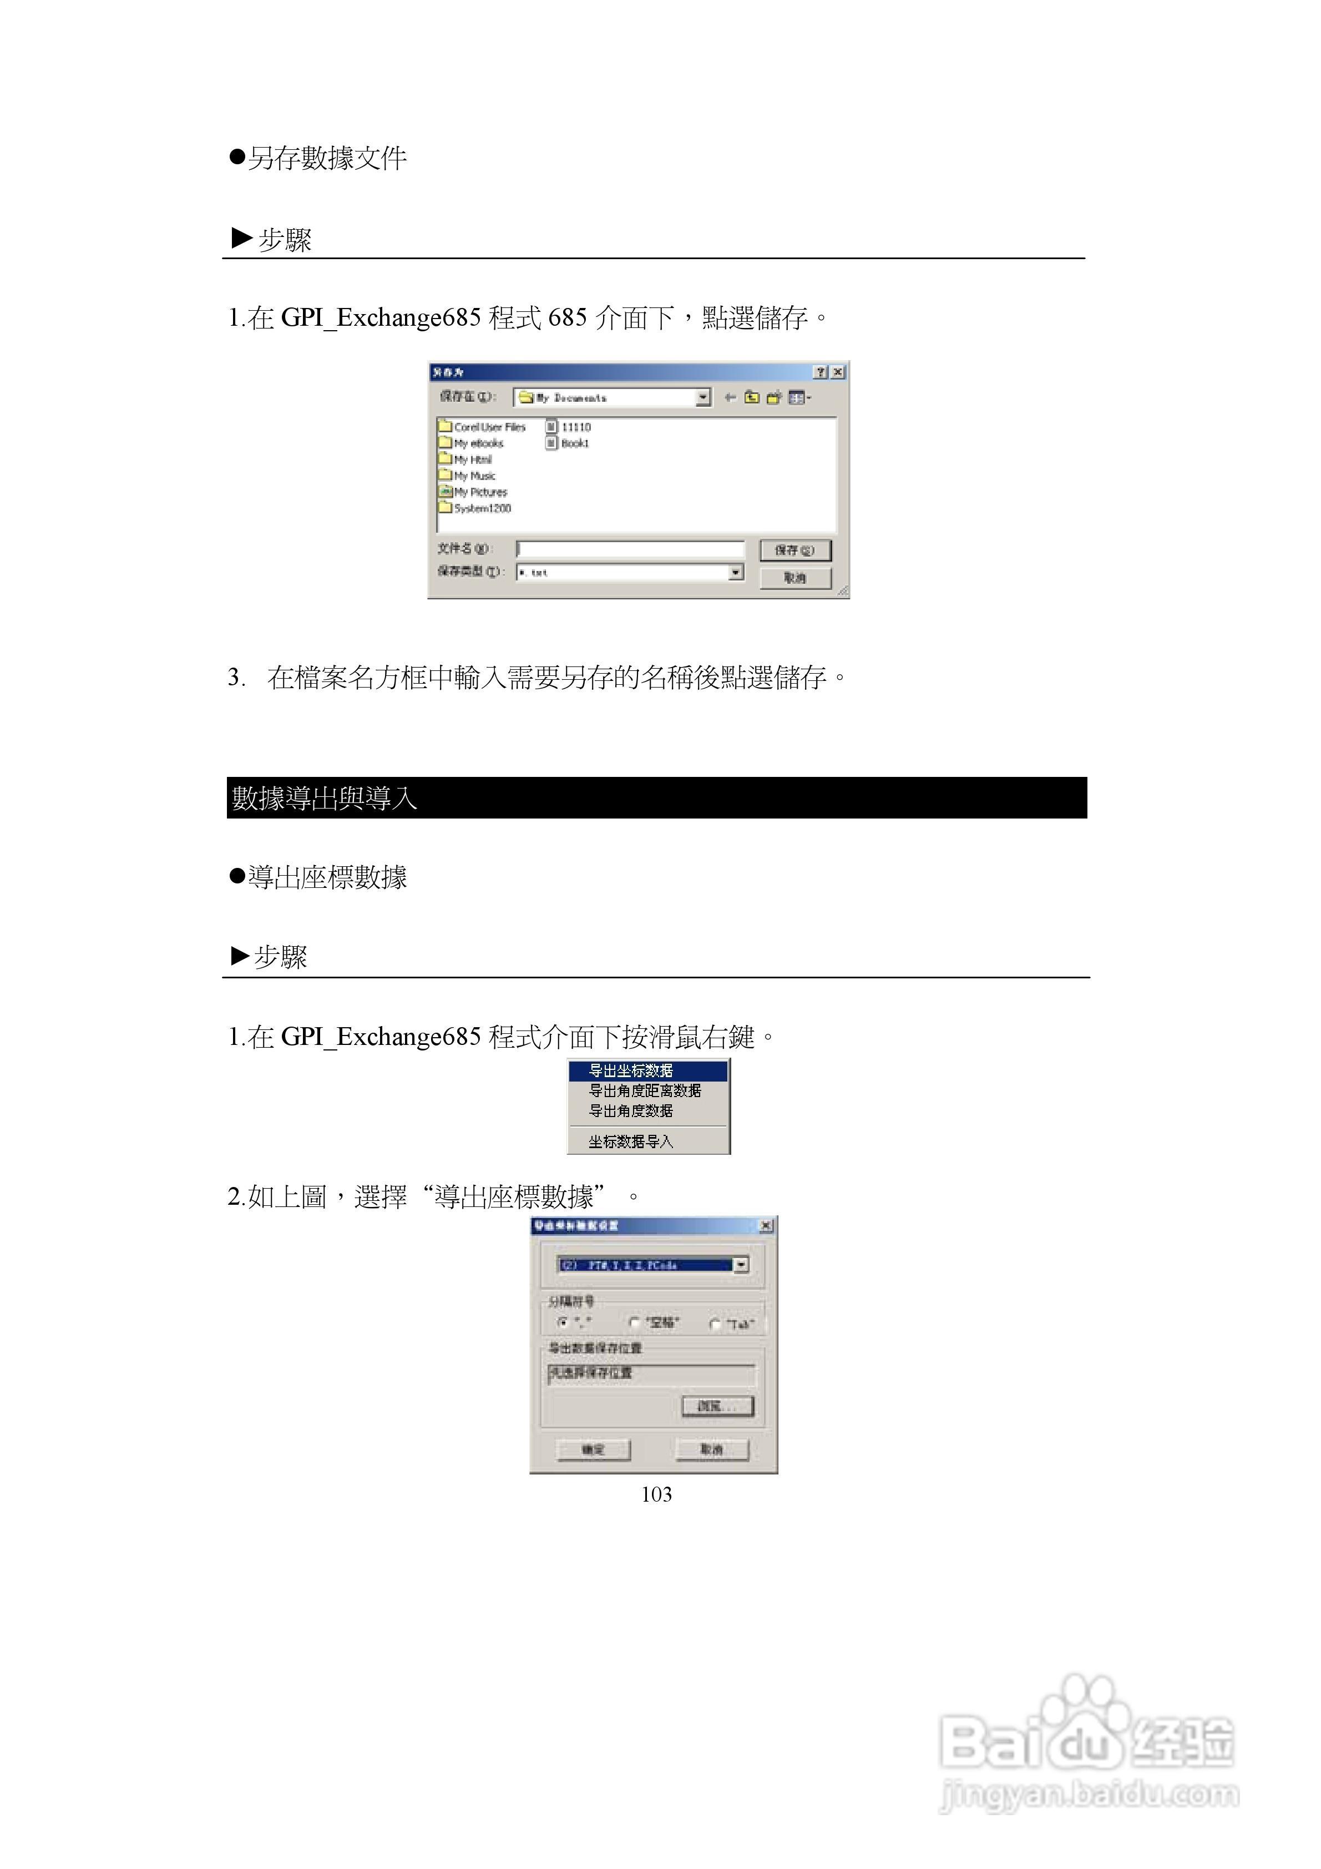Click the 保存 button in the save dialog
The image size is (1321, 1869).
tap(794, 550)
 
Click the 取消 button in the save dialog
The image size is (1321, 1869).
tap(794, 578)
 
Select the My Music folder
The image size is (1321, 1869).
tap(474, 476)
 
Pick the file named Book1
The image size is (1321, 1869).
tap(574, 443)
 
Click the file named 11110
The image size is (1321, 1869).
tap(575, 427)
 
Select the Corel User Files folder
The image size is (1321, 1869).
tap(488, 427)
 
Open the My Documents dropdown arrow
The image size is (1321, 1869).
tap(703, 397)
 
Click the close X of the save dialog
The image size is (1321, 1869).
tap(838, 372)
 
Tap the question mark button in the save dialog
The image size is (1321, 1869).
tap(821, 372)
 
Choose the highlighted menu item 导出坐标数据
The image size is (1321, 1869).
tap(631, 1070)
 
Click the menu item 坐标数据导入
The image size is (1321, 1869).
tap(631, 1141)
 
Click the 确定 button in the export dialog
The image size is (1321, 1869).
tap(593, 1449)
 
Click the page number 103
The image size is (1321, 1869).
tap(656, 1494)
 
